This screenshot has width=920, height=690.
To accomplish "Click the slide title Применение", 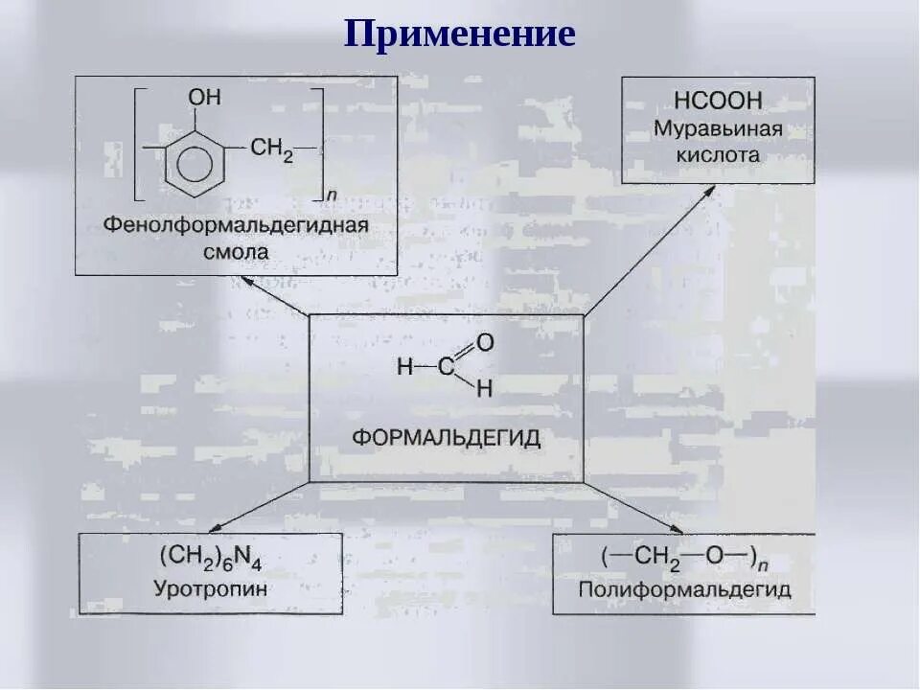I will coord(460,34).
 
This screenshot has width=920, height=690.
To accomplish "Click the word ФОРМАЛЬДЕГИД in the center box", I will coord(446,438).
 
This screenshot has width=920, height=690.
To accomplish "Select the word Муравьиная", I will coord(718,128).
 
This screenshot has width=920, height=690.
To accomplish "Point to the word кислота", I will coord(718,154).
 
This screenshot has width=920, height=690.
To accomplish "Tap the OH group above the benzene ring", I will coord(204,98).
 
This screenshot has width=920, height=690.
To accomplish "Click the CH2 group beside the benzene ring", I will coord(271,148).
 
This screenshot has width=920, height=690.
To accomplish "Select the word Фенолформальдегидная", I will coord(236,226).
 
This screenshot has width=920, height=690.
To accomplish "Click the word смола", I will coord(236,252).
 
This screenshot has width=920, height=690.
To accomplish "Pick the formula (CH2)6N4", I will coord(210,558).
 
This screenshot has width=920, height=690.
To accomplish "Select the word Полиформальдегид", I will coord(684,588).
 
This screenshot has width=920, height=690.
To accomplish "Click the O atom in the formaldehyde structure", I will coord(485,342).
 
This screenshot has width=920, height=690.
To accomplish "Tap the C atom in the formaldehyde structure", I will coord(447,366).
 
